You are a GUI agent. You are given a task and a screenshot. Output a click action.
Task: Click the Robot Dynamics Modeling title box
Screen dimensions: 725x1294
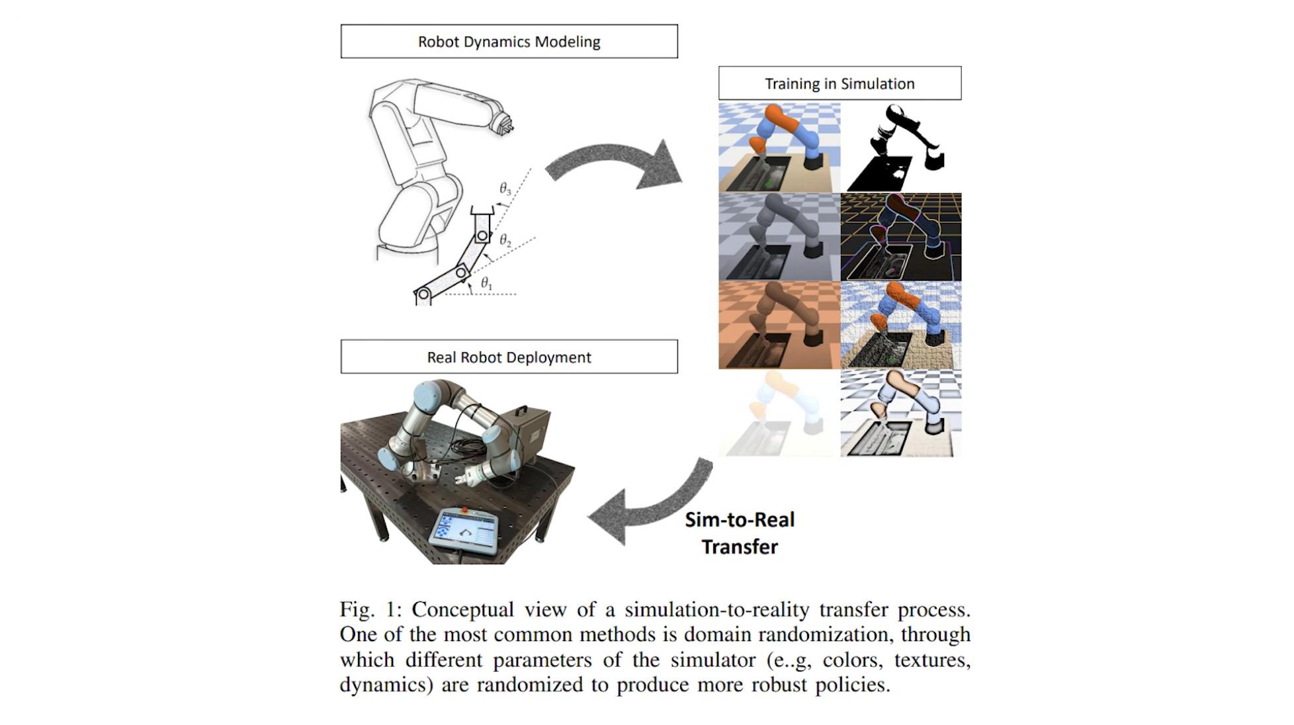[x=509, y=42]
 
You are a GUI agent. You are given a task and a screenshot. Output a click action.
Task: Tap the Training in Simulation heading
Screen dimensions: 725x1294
[x=840, y=83]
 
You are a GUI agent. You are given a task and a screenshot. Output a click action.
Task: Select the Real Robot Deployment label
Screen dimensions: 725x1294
[x=509, y=357]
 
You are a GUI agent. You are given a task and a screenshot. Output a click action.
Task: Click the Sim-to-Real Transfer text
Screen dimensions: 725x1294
[x=740, y=533]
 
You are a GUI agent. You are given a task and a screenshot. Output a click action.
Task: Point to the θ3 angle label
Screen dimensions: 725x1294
[x=505, y=189]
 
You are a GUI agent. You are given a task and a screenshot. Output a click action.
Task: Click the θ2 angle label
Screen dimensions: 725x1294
[x=505, y=240]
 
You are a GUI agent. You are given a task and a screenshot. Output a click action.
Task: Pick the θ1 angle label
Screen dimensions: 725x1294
[x=487, y=284]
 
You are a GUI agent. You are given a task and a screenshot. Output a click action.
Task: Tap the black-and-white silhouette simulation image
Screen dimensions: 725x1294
[x=901, y=147]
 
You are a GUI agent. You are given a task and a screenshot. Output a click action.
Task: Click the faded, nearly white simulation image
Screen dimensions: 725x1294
[x=779, y=413]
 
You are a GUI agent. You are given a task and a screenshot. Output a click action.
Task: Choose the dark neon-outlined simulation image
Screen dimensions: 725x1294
[x=901, y=237]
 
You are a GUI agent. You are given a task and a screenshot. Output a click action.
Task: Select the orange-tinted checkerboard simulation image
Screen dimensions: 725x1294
[x=779, y=325]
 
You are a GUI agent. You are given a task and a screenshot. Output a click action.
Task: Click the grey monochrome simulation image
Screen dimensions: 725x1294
[x=779, y=237]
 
